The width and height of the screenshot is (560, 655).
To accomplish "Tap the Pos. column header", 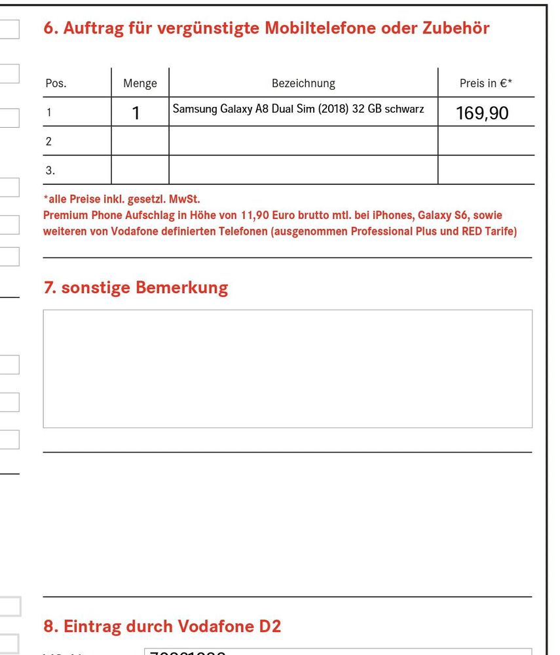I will [x=56, y=84].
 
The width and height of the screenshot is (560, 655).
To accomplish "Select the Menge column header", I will [x=140, y=84].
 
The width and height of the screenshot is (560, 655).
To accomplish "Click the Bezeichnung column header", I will [x=303, y=84].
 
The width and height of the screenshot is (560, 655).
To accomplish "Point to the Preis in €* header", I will [x=485, y=84].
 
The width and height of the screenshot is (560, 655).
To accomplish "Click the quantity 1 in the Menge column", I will [x=136, y=113].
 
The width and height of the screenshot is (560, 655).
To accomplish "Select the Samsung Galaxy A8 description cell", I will [x=298, y=109].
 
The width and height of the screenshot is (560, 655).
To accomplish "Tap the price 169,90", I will [x=482, y=113].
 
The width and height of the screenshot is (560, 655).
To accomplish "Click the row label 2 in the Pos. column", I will [x=49, y=141].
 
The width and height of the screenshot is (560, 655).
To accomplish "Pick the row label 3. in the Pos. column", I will [x=50, y=170].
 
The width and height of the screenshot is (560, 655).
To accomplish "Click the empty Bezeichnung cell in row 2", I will [x=303, y=141].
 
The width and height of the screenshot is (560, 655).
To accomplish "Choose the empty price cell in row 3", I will [x=485, y=170].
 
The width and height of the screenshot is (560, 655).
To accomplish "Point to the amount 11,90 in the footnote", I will [x=256, y=215].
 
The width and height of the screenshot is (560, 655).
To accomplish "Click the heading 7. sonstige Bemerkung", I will [x=136, y=288].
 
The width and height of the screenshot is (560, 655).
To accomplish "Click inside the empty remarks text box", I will [x=288, y=368].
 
